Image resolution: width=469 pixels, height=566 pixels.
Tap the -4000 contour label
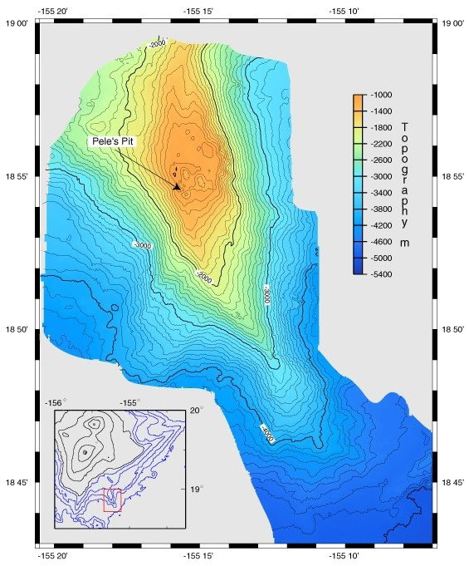266,437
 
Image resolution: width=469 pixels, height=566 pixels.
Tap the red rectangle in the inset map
112,500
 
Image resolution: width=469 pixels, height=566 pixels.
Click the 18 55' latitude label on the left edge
18,178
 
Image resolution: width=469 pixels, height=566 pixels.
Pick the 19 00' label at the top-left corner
18,24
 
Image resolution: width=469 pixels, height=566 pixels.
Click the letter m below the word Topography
404,243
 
